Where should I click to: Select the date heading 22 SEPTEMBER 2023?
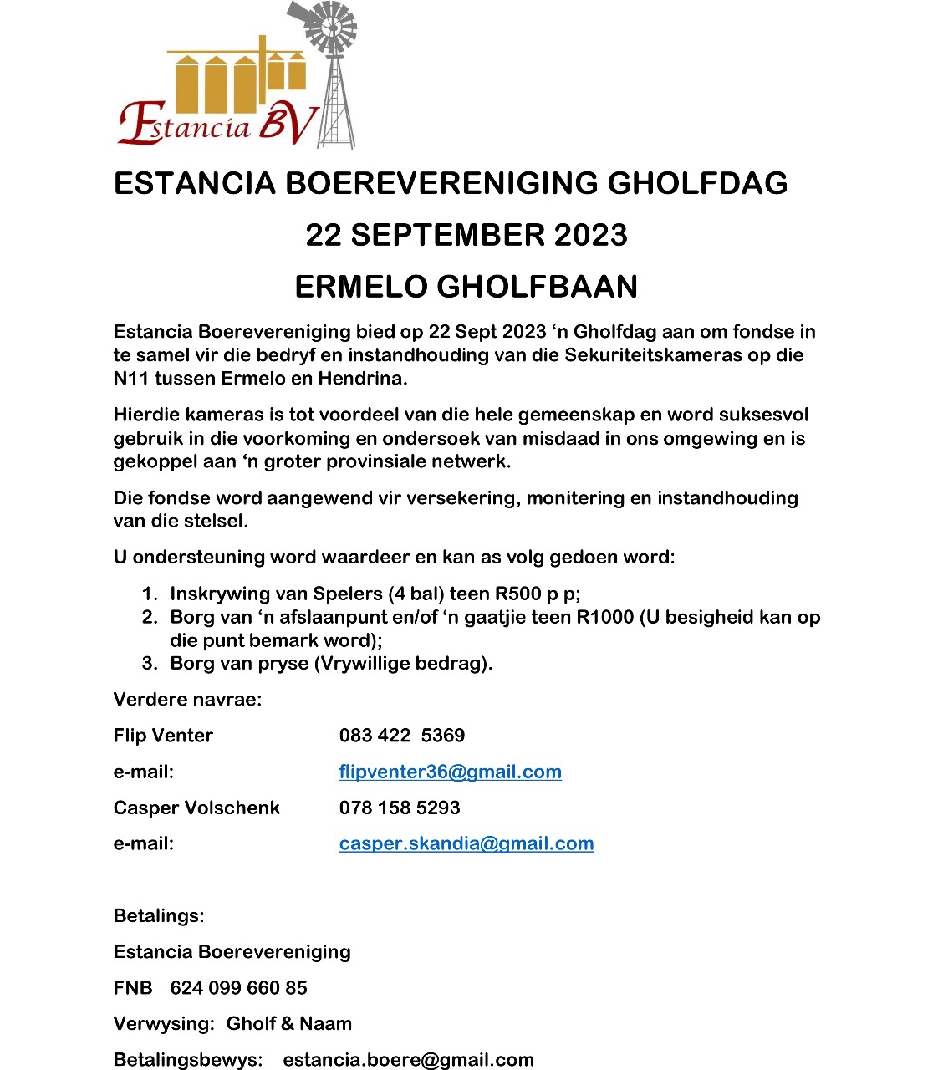(x=466, y=235)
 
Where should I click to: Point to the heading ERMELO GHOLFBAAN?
(x=466, y=287)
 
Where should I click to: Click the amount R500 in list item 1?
(x=518, y=594)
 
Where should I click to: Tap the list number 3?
(x=149, y=663)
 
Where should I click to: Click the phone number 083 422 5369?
(x=402, y=736)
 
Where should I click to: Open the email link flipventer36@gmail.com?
(x=450, y=772)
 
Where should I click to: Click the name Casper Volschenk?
(x=196, y=808)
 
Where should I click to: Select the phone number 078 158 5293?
(x=400, y=808)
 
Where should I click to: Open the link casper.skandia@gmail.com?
(x=466, y=843)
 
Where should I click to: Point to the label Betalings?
(x=159, y=915)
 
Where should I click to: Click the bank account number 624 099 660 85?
(x=238, y=987)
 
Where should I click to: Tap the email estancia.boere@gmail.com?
(x=408, y=1059)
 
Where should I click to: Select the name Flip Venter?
(x=163, y=736)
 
